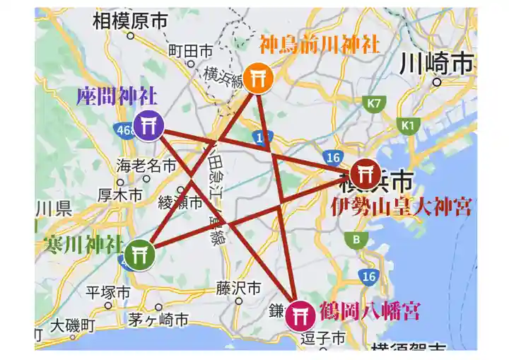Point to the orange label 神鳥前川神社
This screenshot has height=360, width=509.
[x=320, y=45]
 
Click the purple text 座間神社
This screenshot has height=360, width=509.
[x=117, y=97]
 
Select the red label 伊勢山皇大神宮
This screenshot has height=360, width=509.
[x=402, y=207]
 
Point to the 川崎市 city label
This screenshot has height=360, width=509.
[x=435, y=64]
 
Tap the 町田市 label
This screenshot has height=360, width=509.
[x=190, y=51]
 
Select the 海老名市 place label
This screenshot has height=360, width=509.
[x=146, y=166]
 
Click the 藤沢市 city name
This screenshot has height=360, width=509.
[x=238, y=289]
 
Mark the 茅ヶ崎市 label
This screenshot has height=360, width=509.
[x=158, y=320]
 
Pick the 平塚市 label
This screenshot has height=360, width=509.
[x=108, y=292]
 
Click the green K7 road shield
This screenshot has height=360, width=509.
[x=375, y=104]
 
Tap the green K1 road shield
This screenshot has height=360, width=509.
[x=407, y=125]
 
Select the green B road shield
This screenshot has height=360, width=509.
[x=356, y=239]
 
